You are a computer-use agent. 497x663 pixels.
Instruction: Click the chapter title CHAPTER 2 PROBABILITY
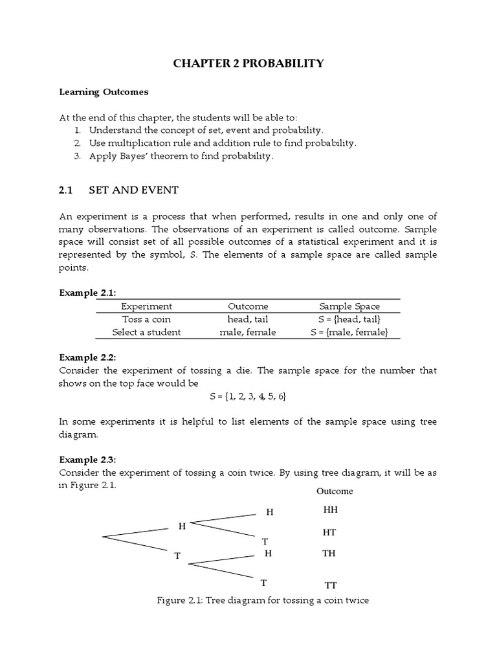pos(248,63)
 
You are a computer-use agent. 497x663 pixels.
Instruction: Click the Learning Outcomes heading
pos(104,92)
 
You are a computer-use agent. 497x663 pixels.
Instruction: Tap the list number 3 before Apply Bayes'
pos(76,156)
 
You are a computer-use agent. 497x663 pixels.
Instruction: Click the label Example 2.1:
pos(87,293)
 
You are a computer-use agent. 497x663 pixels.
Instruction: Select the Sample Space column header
pos(349,306)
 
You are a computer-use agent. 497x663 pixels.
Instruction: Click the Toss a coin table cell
pos(146,319)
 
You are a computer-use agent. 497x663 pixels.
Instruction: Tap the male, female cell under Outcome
pos(248,332)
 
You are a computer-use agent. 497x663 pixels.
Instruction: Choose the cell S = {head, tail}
pos(349,319)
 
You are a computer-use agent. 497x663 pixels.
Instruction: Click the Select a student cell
pos(146,332)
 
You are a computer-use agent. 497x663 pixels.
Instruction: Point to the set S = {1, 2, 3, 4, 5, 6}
pos(248,396)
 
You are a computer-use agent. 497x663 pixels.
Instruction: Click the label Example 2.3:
pos(87,460)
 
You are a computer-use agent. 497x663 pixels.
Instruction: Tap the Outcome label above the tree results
pos(335,491)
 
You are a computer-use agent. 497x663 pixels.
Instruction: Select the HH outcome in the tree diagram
pos(330,510)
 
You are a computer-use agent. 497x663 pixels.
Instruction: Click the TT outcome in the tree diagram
pos(330,585)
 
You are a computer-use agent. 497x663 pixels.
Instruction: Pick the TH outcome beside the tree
pos(330,554)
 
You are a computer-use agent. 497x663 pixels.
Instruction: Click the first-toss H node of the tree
pos(182,526)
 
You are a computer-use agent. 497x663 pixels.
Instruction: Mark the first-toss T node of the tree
pos(177,556)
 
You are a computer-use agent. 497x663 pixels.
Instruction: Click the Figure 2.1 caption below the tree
pos(263,600)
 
